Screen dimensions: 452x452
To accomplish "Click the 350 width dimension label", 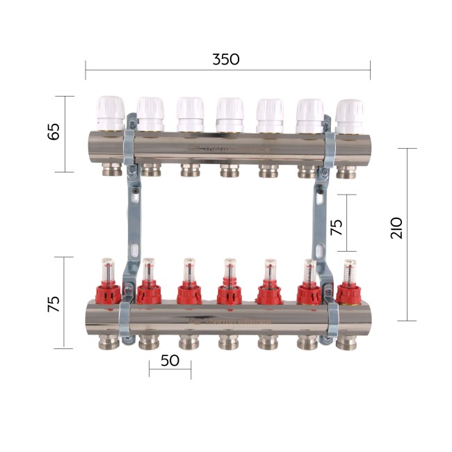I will pos(226,59).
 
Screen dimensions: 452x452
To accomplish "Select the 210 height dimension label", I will pos(396,228).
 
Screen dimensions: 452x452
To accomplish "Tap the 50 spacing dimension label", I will pos(169,361).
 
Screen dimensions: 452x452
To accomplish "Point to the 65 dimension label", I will pos(54,132).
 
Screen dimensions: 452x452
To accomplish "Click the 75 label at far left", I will pos(54,304).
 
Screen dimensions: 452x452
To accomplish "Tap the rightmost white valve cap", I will pos(349,115).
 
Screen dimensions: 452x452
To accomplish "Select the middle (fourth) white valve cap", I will pos(229,113).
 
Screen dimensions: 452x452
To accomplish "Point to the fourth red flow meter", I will pos(229,285).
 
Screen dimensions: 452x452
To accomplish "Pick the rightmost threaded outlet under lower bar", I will pos(346,342).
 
